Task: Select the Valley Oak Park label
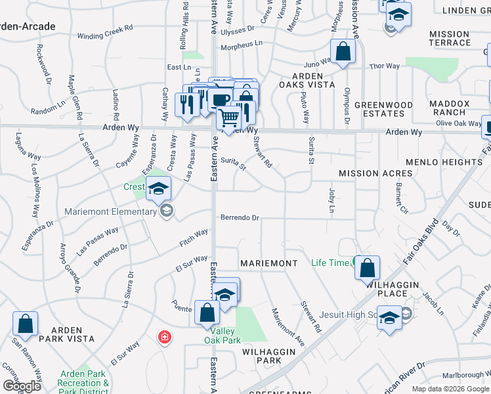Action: coord(222,336)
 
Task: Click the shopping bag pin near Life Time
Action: coord(368,267)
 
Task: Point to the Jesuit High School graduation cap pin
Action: coord(389,318)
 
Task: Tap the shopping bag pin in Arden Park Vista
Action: coord(25,323)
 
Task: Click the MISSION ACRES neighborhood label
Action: coord(375,173)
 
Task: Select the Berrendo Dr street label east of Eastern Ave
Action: coord(240,217)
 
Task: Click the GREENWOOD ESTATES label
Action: coord(383,109)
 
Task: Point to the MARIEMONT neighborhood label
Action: coord(269,263)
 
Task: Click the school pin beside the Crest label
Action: coord(158,188)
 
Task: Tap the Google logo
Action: coord(21,386)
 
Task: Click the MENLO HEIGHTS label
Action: coord(444,162)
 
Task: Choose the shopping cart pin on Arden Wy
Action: coord(229,118)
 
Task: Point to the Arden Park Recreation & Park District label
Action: coord(83,383)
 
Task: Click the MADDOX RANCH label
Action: coord(450,108)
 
